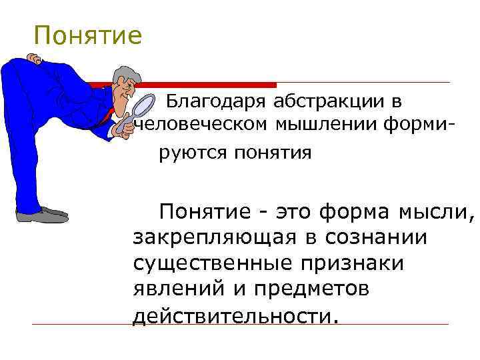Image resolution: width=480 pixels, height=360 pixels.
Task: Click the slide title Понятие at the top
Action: pyautogui.click(x=88, y=36)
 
